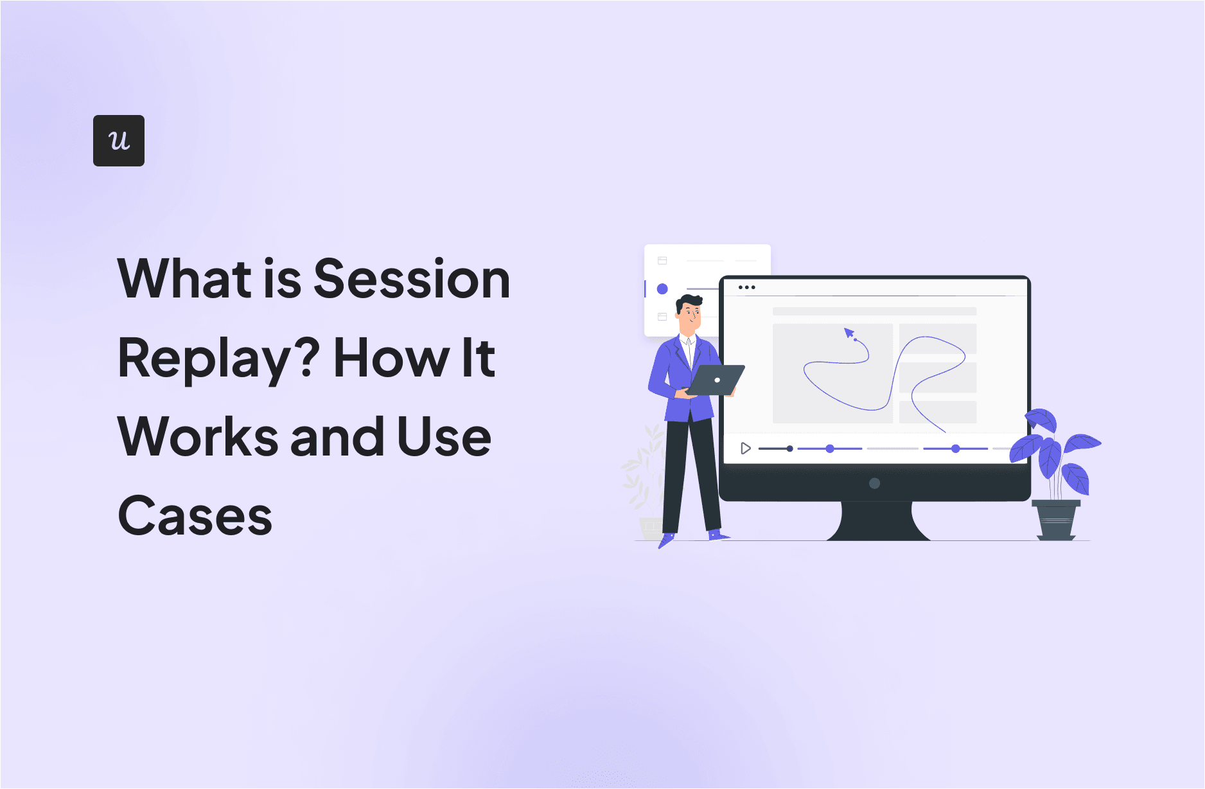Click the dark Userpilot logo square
point(119,141)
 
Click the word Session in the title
point(412,279)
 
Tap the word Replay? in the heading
point(219,359)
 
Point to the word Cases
point(195,516)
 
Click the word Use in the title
point(444,437)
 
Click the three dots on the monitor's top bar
point(746,287)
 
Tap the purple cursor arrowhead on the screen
point(849,333)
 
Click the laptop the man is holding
point(715,380)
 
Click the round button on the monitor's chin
point(874,483)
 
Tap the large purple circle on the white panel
point(662,289)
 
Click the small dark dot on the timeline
point(789,448)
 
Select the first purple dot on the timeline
point(830,448)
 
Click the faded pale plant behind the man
point(644,475)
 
